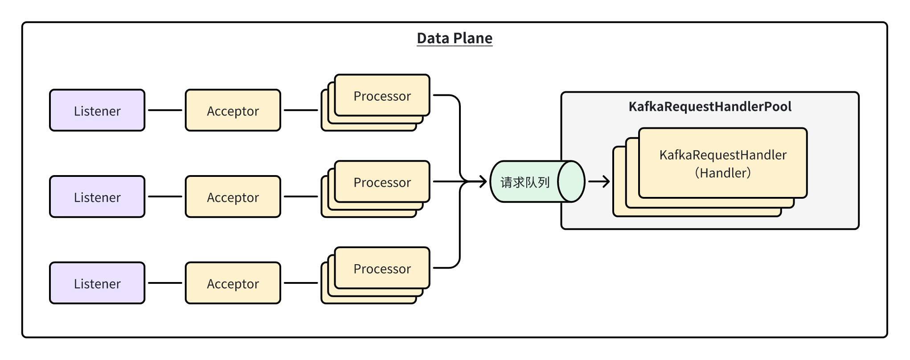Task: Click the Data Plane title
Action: point(455,38)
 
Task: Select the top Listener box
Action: point(97,110)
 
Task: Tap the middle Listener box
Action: point(97,197)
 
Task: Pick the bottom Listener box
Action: point(97,283)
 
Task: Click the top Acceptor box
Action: point(233,110)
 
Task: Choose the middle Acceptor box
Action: point(233,197)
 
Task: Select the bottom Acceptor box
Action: point(233,283)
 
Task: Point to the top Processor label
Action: point(382,96)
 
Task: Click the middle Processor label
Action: point(382,182)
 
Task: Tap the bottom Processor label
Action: point(382,269)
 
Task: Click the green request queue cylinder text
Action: point(525,182)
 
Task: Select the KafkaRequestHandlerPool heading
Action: point(709,106)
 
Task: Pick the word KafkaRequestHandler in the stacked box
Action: point(722,155)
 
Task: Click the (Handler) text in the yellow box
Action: point(722,173)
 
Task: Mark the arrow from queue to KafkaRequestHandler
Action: point(599,181)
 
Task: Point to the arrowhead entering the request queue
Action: point(483,181)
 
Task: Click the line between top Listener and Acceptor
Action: point(165,110)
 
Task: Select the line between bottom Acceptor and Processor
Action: point(301,283)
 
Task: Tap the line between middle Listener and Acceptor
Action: point(165,196)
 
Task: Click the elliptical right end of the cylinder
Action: point(571,181)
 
